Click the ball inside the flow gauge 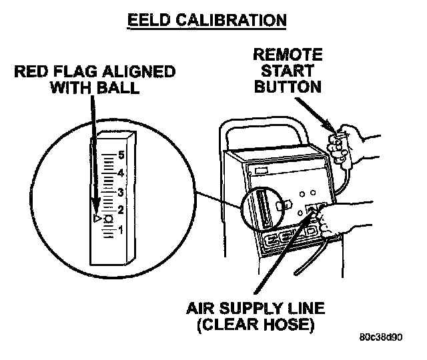pyautogui.click(x=108, y=219)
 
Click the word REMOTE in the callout pyautogui.click(x=288, y=55)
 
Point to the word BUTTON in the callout pyautogui.click(x=288, y=87)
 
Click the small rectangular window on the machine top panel pyautogui.click(x=260, y=171)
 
